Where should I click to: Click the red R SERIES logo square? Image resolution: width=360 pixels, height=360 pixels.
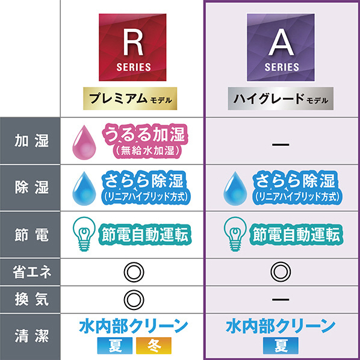point(132,48)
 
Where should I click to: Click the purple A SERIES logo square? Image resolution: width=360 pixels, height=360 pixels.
point(281,48)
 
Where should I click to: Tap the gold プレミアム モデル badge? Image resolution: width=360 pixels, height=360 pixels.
point(130,99)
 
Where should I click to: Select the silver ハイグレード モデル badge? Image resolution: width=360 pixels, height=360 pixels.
point(281,99)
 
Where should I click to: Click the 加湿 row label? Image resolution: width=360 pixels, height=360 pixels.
point(32,140)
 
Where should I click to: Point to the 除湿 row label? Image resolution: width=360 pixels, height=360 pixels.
point(32,187)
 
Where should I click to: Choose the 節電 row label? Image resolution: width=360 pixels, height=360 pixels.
point(32,235)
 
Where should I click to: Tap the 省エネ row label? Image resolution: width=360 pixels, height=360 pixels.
point(32,272)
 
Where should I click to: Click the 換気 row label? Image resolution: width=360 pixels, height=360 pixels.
point(32,299)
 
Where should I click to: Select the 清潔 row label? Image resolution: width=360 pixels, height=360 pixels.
point(32,336)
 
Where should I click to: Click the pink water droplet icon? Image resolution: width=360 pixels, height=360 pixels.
point(84,142)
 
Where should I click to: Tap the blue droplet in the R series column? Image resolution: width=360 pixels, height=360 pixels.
point(84,188)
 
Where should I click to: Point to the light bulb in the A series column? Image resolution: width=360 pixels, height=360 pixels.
point(235,234)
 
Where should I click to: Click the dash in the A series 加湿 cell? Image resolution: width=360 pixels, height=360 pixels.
point(281,144)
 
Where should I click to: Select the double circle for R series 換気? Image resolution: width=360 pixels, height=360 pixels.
point(134,300)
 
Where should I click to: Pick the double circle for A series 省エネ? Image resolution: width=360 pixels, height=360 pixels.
point(281,272)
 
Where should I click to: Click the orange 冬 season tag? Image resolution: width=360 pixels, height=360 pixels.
point(154,346)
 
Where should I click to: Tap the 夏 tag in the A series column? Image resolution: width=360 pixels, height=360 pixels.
point(281,346)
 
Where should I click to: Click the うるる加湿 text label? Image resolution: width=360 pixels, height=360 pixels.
point(145,134)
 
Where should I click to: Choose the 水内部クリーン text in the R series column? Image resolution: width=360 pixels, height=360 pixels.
point(134,326)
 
